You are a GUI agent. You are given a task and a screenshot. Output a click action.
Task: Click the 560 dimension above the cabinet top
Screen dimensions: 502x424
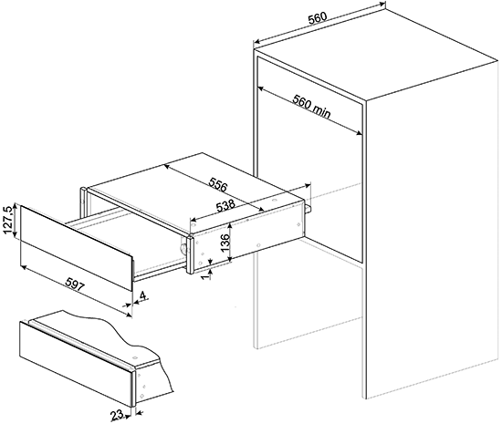(x=318, y=18)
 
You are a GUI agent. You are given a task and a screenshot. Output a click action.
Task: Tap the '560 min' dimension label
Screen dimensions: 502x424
(x=311, y=107)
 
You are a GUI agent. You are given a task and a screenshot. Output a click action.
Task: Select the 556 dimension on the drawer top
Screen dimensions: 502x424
(x=218, y=184)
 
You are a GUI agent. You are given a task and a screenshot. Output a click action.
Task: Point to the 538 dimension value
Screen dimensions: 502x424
(x=225, y=206)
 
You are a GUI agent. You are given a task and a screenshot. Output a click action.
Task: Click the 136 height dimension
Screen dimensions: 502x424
(x=225, y=243)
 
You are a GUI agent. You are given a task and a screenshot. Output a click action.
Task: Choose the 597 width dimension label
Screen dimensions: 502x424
(x=75, y=284)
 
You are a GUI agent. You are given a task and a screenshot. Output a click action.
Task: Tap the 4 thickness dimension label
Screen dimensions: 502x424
(x=142, y=295)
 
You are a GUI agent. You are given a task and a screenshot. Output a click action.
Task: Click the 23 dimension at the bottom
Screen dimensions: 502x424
(x=118, y=415)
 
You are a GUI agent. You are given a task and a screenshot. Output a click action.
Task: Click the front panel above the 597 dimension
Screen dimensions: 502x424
(x=76, y=248)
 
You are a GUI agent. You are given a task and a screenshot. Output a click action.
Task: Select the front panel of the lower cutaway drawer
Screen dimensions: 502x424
(x=76, y=364)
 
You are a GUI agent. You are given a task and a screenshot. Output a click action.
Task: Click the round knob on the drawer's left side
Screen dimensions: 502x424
(x=183, y=248)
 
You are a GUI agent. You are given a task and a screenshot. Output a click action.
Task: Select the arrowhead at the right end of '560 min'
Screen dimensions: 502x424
(x=360, y=133)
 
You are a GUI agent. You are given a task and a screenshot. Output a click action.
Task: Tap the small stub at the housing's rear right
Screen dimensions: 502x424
(x=309, y=209)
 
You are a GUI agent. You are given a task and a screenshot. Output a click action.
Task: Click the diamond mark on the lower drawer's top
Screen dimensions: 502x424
(x=135, y=357)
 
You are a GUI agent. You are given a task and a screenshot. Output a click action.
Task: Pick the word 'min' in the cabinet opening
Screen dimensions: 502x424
(x=321, y=111)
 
